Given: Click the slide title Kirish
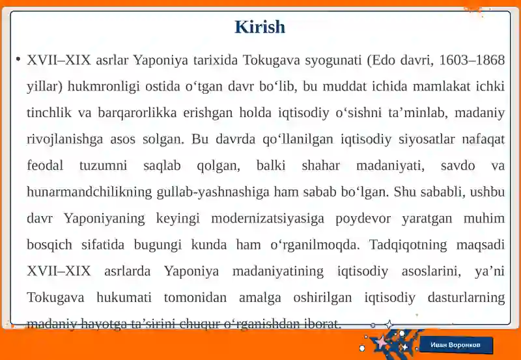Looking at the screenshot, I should click(260, 27).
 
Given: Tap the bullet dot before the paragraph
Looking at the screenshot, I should click(18, 59).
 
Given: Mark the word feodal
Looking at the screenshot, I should click(45, 165).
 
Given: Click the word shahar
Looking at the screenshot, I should click(320, 165).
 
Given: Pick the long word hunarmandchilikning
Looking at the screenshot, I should click(90, 192).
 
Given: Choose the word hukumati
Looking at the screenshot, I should click(124, 298).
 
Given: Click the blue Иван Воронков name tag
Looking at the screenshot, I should click(455, 344).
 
